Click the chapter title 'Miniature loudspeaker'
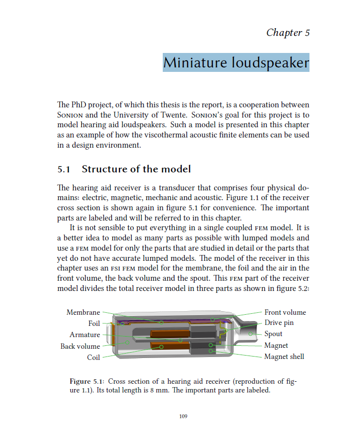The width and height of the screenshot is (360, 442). [236, 63]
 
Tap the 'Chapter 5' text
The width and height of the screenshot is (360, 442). [288, 33]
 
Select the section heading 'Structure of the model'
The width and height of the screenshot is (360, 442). [136, 169]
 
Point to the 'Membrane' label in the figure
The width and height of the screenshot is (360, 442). [83, 312]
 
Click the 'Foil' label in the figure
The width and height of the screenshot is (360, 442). [94, 323]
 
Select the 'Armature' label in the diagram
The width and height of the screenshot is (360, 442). [85, 335]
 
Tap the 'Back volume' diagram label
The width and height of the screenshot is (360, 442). [80, 346]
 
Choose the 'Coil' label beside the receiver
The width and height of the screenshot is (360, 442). [93, 357]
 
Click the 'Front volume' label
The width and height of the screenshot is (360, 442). [285, 312]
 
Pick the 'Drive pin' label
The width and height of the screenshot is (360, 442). [279, 323]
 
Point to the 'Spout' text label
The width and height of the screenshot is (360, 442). [273, 334]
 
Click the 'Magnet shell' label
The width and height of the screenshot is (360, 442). [284, 357]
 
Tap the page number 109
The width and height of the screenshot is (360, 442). [183, 416]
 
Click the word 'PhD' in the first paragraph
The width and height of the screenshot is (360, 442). [78, 105]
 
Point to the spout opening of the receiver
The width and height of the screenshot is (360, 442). [255, 334]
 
